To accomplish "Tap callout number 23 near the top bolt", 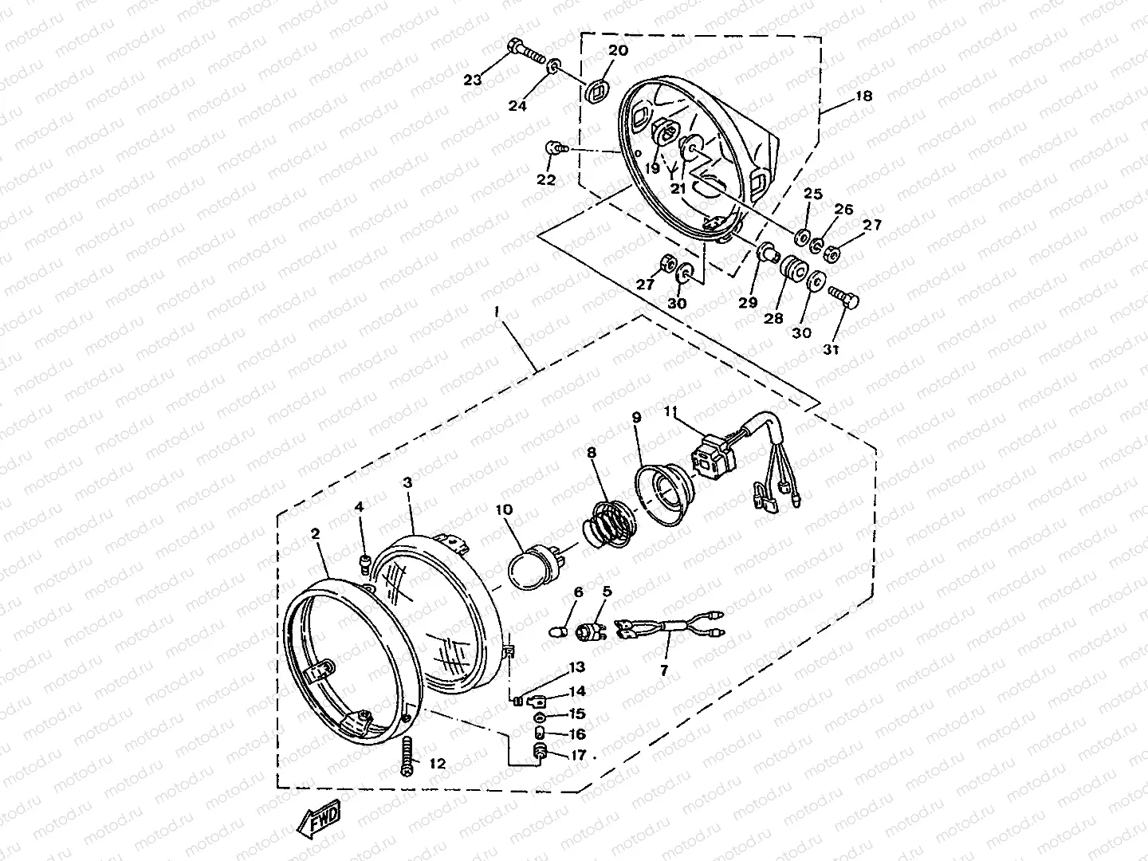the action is coord(472,80).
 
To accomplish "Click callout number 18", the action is coord(864,96).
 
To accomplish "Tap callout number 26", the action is coord(843,209).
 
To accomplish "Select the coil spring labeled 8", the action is coord(609,524).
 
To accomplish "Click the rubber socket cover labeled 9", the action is coord(664,494).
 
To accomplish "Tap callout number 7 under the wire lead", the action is coord(664,670).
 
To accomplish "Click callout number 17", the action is coord(578,756).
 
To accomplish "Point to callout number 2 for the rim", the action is coord(315,534).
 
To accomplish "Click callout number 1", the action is coord(497,312).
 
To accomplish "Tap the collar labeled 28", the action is coord(792,269).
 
